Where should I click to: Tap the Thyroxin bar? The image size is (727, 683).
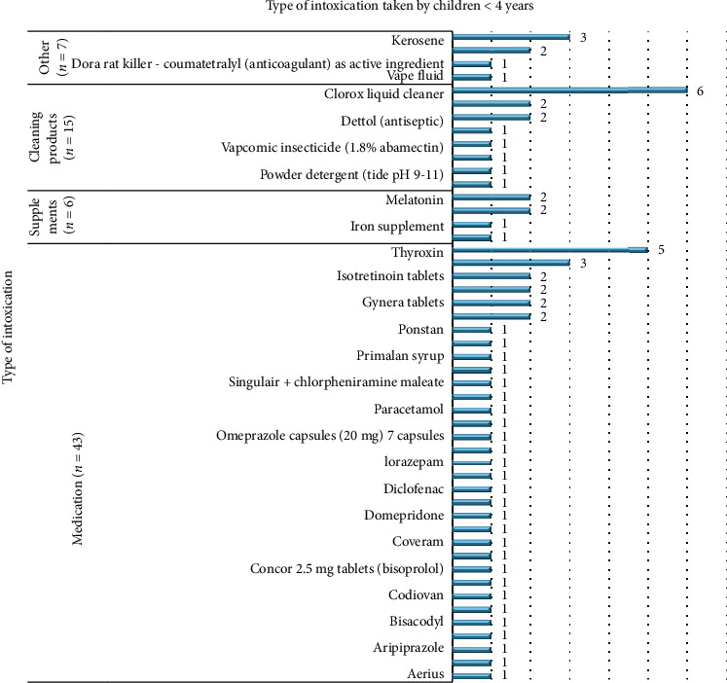pyautogui.click(x=551, y=250)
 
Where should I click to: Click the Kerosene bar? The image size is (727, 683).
pyautogui.click(x=512, y=39)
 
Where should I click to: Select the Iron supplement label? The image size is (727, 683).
pyautogui.click(x=397, y=226)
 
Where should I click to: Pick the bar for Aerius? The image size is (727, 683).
pyautogui.click(x=473, y=674)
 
